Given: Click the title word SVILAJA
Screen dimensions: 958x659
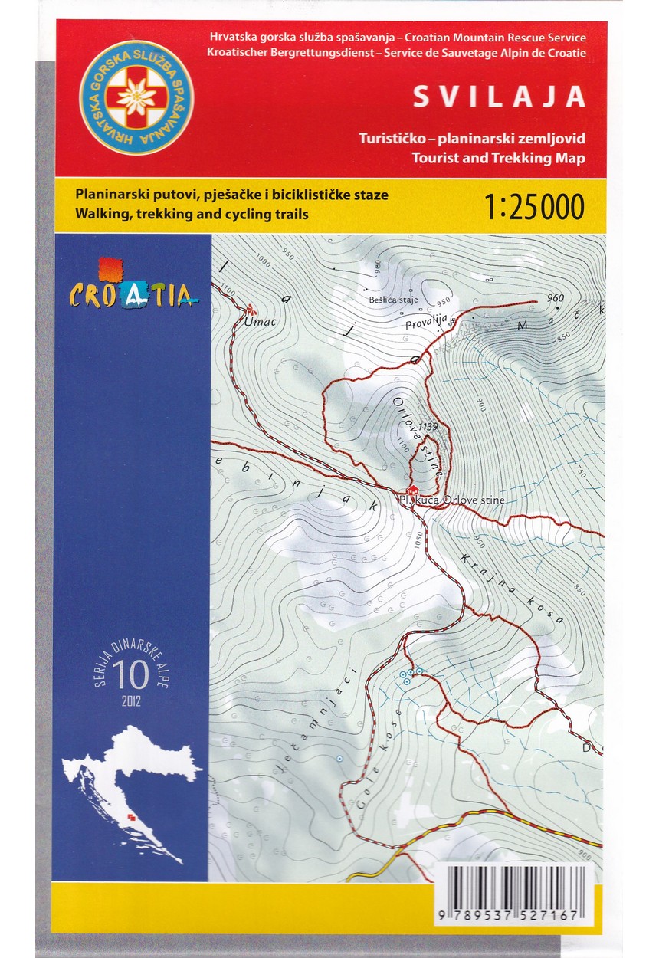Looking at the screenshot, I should coord(500,97).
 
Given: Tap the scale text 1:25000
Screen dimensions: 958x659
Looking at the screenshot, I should coord(534,206).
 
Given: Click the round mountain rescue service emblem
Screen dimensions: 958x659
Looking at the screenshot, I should coord(136,98).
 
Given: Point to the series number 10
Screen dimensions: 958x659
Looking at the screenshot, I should coord(130,674).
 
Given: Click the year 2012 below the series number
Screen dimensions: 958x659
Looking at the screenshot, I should coord(131,700).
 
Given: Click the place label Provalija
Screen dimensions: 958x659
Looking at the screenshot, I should coord(426,325).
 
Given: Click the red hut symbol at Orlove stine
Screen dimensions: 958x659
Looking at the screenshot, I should coord(412,490).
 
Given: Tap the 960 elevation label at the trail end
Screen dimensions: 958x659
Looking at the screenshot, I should coord(556,298).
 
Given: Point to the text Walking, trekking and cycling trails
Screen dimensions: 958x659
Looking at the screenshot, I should coord(192,215).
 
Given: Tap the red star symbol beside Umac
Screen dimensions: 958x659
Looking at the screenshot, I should coord(251,310).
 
